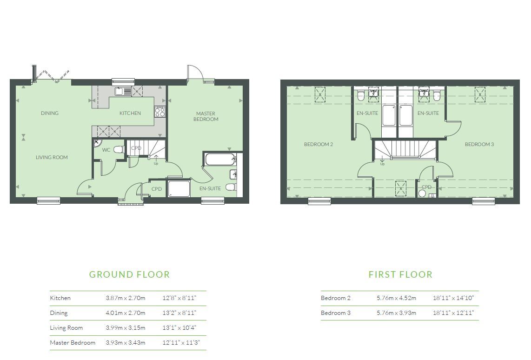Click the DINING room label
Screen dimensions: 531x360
click(x=49, y=113)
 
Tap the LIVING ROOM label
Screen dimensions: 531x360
click(x=52, y=157)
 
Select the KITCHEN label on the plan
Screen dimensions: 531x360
click(x=130, y=113)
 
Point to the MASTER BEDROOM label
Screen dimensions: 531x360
click(x=206, y=116)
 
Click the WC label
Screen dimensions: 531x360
click(x=106, y=150)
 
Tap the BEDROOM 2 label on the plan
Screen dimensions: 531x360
click(x=319, y=144)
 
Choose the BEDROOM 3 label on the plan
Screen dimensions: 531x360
click(x=479, y=144)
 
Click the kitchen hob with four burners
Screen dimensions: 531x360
click(x=160, y=112)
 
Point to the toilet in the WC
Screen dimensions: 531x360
click(x=119, y=149)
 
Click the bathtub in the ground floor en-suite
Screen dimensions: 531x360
click(x=220, y=159)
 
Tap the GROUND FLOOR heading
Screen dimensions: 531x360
click(x=129, y=274)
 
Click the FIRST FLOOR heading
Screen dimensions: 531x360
click(x=400, y=274)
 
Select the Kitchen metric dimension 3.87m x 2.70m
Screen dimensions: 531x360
click(x=125, y=298)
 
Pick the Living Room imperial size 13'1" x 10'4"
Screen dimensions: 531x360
click(x=179, y=328)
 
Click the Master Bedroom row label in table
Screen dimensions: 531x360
click(x=73, y=343)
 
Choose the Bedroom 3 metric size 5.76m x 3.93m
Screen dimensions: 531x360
click(x=396, y=313)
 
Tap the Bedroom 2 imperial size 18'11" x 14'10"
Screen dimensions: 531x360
click(x=453, y=298)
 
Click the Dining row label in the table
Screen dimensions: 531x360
click(x=59, y=313)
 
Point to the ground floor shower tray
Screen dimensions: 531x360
click(x=179, y=189)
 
